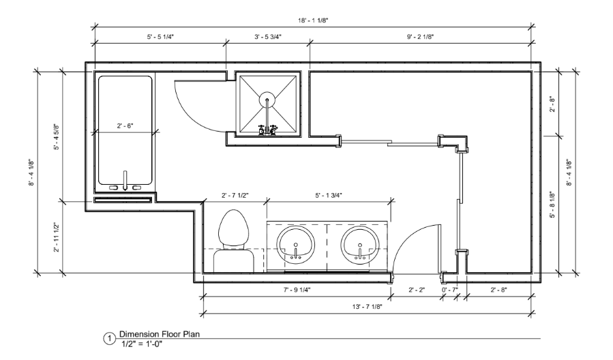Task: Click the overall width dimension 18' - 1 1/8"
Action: point(313,20)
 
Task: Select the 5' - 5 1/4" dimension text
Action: point(160,37)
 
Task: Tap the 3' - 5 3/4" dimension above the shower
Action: point(268,37)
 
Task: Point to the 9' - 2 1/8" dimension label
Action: point(420,37)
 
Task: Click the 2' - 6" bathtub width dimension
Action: point(125,126)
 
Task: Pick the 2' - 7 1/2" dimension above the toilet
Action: point(235,196)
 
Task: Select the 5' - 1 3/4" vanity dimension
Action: point(329,196)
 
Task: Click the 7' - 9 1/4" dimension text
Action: point(297,290)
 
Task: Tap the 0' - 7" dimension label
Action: point(449,290)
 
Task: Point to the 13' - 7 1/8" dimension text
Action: point(367,307)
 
